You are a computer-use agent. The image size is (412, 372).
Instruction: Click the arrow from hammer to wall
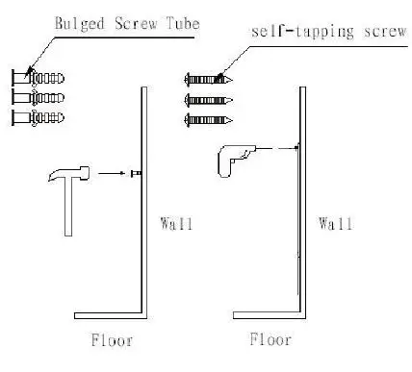[114, 173]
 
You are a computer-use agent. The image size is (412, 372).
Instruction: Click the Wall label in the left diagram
[176, 225]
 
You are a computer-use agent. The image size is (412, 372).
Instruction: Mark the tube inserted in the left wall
[137, 173]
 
